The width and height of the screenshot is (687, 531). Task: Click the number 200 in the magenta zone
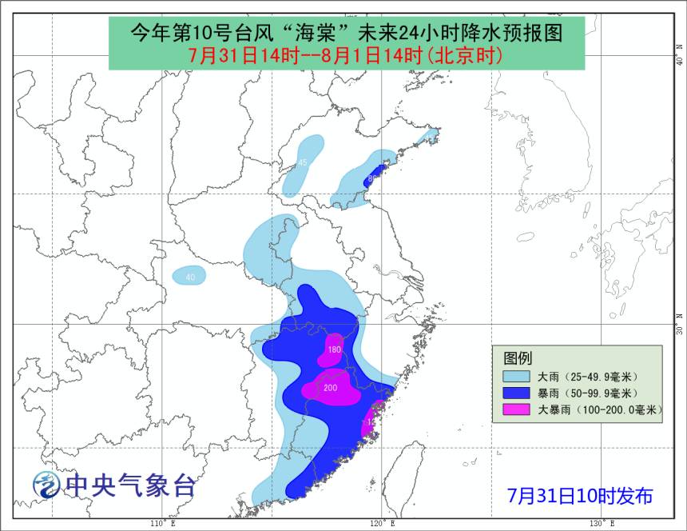click(x=330, y=388)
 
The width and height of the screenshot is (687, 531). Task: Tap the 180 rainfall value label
click(x=335, y=350)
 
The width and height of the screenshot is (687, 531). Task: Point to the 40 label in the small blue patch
click(x=190, y=277)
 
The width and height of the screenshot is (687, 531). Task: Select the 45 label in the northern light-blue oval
click(x=303, y=163)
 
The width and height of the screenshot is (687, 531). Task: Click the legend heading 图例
click(x=518, y=357)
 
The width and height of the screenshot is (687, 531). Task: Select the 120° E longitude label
click(x=382, y=523)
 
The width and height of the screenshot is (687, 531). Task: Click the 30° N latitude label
click(x=678, y=329)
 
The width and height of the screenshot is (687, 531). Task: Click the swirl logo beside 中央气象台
click(x=46, y=485)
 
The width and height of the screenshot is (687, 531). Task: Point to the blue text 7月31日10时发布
click(x=580, y=496)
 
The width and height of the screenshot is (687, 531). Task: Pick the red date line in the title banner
click(x=345, y=55)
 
